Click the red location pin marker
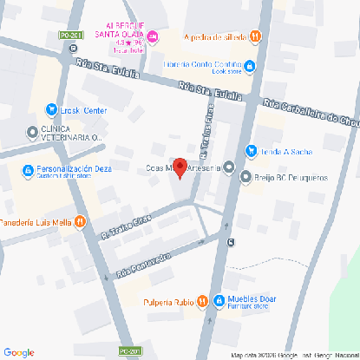tap(180, 167)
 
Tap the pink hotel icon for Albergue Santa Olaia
tap(154, 36)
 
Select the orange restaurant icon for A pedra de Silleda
tap(255, 36)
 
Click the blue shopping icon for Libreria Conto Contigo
tap(250, 65)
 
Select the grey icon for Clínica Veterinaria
tap(33, 132)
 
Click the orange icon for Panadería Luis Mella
tap(79, 221)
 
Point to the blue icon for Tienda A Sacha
tap(251, 149)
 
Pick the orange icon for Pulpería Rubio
tap(200, 301)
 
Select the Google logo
tap(18, 351)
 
